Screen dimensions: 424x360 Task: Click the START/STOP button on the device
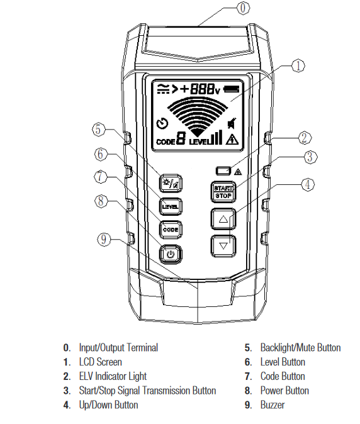(x=223, y=191)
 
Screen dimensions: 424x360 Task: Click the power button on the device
(x=170, y=254)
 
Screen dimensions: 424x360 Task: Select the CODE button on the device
(x=170, y=230)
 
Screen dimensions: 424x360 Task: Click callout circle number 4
(x=307, y=185)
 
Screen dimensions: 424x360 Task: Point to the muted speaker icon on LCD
(x=233, y=123)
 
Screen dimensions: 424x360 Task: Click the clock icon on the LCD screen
(x=162, y=123)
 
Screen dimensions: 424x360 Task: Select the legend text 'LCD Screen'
(x=101, y=362)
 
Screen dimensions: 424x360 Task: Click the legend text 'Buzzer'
(x=273, y=405)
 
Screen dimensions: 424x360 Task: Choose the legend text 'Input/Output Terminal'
(x=118, y=347)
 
